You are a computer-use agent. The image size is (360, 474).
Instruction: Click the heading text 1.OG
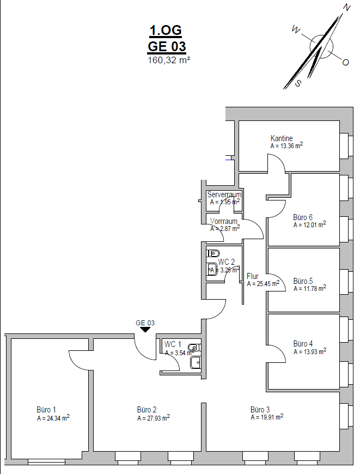166,31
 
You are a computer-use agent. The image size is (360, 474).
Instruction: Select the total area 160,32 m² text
168,60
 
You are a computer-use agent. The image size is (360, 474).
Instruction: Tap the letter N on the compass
346,7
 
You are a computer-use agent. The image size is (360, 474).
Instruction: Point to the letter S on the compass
298,83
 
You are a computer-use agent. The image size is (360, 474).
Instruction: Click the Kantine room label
282,138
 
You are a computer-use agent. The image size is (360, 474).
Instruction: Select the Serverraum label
224,195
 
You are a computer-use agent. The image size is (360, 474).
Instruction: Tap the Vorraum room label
224,221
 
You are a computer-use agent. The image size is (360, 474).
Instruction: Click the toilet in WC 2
213,253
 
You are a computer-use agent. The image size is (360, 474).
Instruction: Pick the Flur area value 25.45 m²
263,284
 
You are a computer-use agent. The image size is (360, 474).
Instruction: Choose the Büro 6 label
303,217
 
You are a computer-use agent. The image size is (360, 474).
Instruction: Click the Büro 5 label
303,281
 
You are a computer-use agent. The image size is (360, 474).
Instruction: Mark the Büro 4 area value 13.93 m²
310,352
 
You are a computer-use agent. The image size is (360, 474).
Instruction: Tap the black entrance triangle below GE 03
145,329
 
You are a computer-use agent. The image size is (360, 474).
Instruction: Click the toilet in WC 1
193,347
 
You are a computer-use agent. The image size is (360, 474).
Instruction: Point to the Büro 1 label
46,410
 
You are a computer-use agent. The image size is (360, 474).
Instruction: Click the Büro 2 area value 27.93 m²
154,418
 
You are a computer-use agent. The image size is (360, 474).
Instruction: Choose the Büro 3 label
260,409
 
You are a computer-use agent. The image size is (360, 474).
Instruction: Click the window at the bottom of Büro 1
46,462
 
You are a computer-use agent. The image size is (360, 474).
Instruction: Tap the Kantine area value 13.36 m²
287,146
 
